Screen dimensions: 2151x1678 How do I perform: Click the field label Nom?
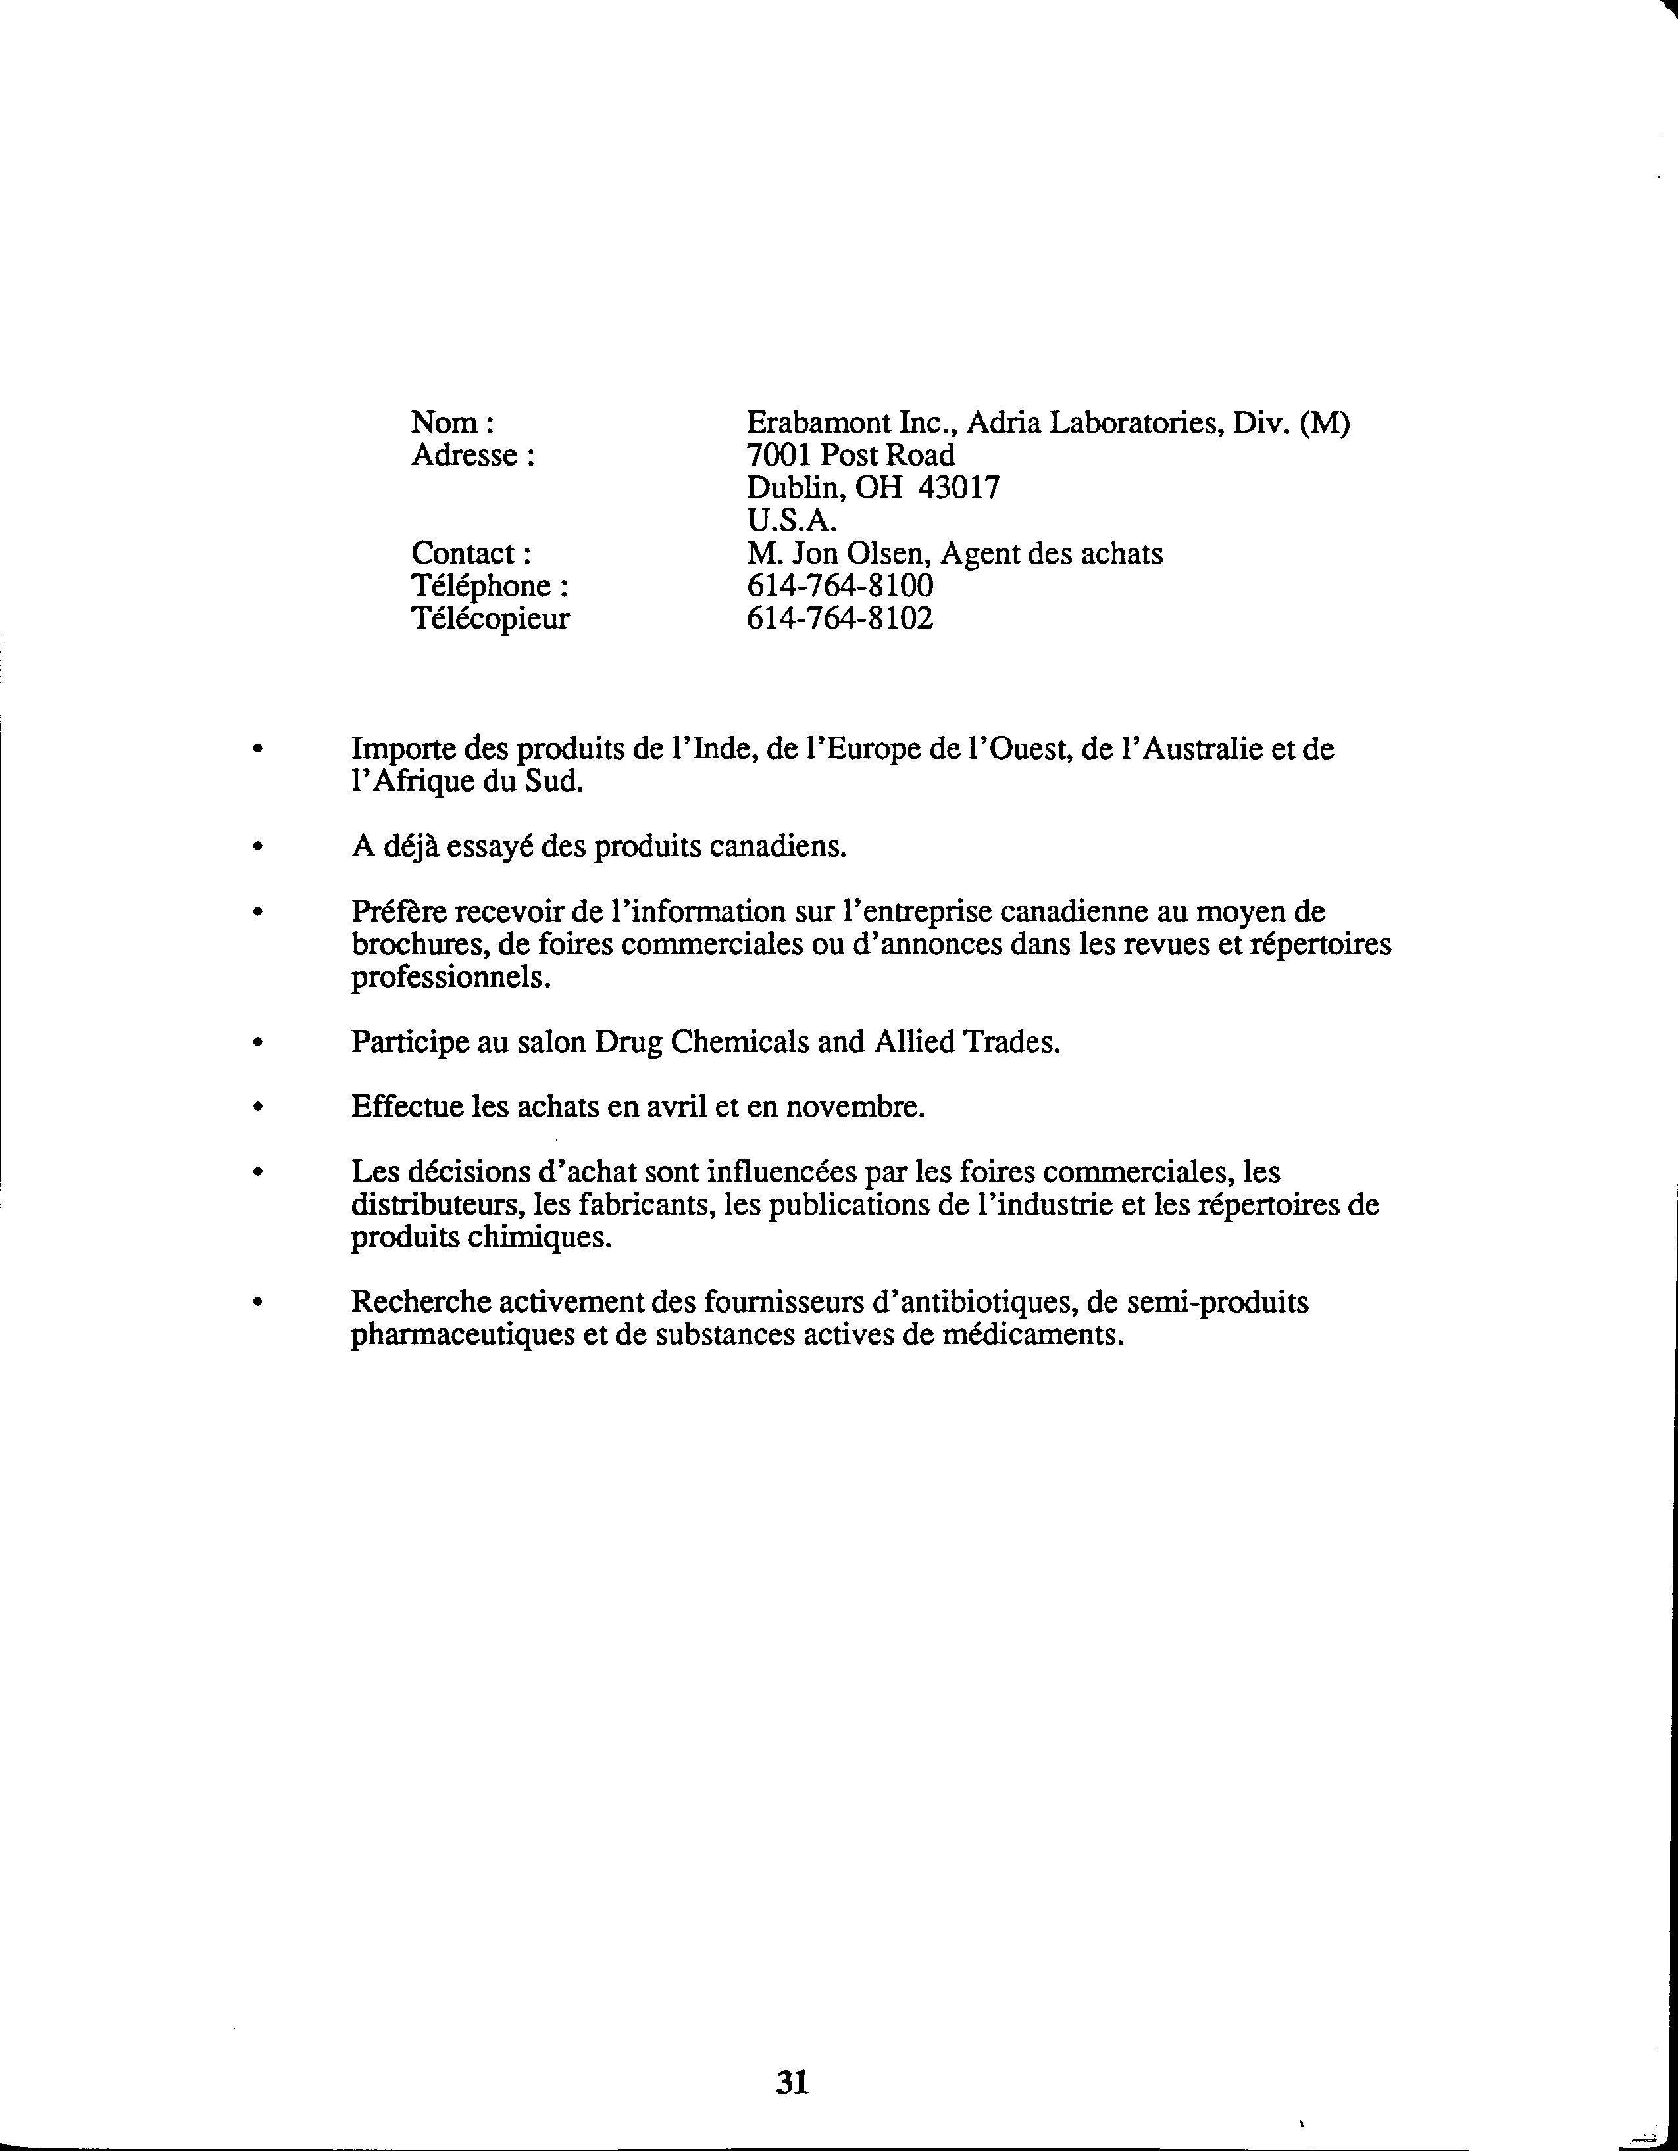450,423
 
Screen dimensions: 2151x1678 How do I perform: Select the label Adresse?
472,455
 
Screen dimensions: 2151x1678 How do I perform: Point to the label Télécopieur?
490,619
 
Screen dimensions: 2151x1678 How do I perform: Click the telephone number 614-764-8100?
840,586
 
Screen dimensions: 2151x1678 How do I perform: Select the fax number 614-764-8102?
840,619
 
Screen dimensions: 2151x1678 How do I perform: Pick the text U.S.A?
791,520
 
